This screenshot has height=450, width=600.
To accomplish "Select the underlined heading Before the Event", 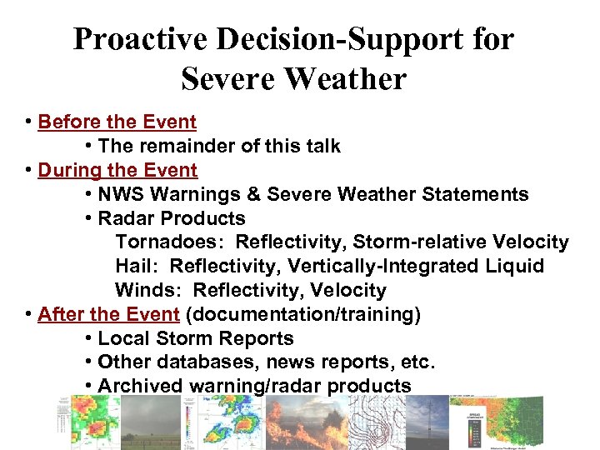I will (117, 122).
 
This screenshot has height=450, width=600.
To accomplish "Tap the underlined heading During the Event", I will (117, 170).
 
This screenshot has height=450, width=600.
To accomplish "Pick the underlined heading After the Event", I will (108, 314).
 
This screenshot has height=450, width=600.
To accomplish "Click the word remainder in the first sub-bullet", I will (180, 146).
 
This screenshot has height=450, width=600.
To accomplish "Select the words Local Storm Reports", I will (196, 338).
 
